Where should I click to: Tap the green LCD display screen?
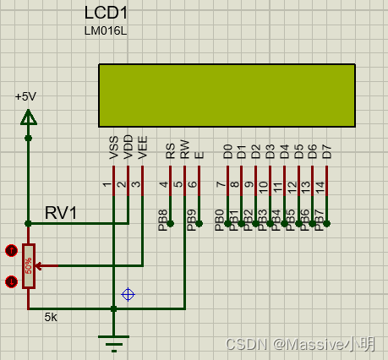[227, 95]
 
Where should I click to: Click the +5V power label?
[27, 96]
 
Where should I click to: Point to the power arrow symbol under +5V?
[29, 116]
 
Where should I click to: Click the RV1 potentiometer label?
[61, 212]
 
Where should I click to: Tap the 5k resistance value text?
[52, 318]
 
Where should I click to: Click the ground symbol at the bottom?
[113, 341]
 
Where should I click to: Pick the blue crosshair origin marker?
[128, 294]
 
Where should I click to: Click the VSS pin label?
[114, 148]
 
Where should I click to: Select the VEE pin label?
[143, 148]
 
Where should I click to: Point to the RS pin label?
[171, 151]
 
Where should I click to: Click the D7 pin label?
[327, 152]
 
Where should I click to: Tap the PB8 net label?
[163, 220]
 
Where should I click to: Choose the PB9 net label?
[192, 220]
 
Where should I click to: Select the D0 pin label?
[227, 152]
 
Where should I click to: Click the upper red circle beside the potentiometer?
[11, 250]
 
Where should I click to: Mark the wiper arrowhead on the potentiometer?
[39, 265]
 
